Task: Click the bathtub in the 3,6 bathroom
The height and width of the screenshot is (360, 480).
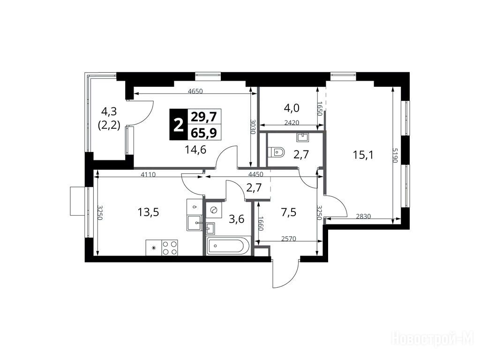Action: tap(228, 246)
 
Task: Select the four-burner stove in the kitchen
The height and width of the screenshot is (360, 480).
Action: tap(170, 247)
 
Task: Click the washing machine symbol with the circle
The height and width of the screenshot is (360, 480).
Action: tap(214, 210)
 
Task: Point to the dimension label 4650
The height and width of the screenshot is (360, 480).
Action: tap(195, 91)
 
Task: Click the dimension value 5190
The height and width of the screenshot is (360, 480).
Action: tap(395, 155)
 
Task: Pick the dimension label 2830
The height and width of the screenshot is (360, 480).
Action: tap(363, 217)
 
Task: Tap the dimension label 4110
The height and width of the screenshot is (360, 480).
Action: tap(148, 175)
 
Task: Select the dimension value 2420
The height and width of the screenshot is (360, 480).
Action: tap(292, 123)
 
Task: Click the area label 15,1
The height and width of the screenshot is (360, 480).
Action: tap(363, 155)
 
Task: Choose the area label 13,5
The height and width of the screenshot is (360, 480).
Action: tap(149, 212)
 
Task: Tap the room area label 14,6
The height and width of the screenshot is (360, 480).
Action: tap(195, 150)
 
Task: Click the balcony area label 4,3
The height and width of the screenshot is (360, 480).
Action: tap(109, 112)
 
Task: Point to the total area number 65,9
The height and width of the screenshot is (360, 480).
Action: tap(203, 133)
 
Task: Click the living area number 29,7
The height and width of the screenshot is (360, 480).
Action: tap(203, 117)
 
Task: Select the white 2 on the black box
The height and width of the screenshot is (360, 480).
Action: tap(177, 125)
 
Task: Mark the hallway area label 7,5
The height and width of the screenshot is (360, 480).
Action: tap(289, 211)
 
